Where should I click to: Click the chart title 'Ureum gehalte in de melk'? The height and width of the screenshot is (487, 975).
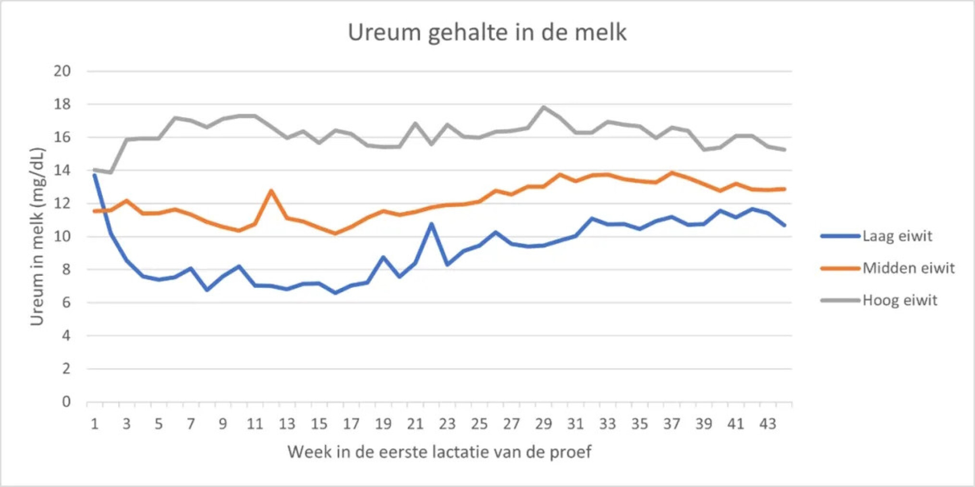[x=487, y=33]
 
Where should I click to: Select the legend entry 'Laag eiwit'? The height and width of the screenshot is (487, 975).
[x=897, y=236]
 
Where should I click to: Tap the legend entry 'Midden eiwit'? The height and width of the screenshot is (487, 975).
[x=908, y=268]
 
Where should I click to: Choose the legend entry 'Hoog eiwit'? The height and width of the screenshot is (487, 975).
[x=900, y=300]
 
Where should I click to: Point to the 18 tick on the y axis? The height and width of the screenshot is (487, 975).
[x=62, y=104]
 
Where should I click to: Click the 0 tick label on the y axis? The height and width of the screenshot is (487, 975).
[x=66, y=402]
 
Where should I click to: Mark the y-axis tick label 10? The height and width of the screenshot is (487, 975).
[x=62, y=237]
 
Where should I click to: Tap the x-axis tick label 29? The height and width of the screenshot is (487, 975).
[x=543, y=424]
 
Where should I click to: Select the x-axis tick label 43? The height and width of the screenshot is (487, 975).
[x=768, y=424]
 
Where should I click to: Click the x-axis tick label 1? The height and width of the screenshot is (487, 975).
[x=95, y=424]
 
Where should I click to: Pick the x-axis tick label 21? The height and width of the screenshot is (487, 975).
[x=415, y=424]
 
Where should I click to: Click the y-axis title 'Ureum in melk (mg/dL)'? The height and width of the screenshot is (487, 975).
[x=37, y=237]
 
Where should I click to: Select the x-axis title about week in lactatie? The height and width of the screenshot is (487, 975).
[x=439, y=452]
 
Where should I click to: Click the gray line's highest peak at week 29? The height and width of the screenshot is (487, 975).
[x=543, y=107]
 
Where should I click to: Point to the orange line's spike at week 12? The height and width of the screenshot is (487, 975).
[x=271, y=191]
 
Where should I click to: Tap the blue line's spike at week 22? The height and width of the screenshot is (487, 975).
[x=431, y=224]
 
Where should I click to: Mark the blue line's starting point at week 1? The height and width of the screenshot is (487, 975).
[x=95, y=175]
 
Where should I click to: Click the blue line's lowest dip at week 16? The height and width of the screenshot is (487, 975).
[x=335, y=293]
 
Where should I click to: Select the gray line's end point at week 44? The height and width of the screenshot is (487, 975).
[x=784, y=150]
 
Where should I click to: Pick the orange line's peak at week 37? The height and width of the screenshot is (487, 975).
[x=672, y=173]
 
